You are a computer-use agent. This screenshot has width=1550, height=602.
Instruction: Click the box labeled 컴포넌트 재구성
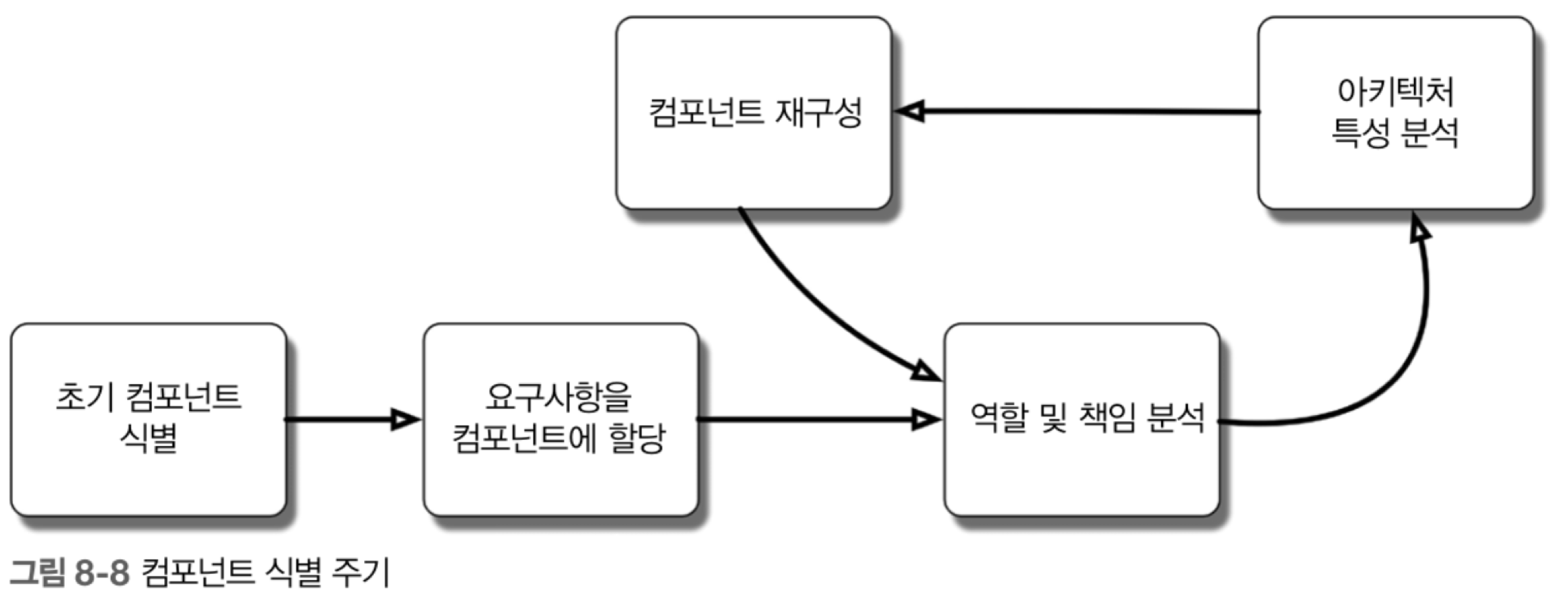[754, 113]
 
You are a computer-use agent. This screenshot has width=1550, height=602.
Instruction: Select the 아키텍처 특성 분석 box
[1395, 113]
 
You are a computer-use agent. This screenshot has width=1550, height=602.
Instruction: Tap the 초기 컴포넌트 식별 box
[148, 419]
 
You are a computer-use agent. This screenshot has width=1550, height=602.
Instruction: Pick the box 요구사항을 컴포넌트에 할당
[561, 419]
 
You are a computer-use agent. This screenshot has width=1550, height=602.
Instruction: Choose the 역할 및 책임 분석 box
[1081, 419]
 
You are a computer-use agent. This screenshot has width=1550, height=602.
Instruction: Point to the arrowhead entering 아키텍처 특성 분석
[1419, 227]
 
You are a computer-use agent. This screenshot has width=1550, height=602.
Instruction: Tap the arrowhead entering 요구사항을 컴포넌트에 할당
[405, 419]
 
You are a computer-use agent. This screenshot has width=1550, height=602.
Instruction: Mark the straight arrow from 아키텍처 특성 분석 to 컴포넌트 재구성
[1077, 111]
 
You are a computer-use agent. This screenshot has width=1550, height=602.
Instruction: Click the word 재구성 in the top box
[818, 112]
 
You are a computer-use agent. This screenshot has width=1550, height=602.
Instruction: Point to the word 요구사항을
[558, 397]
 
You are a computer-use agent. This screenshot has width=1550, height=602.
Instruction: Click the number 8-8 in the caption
[102, 572]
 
